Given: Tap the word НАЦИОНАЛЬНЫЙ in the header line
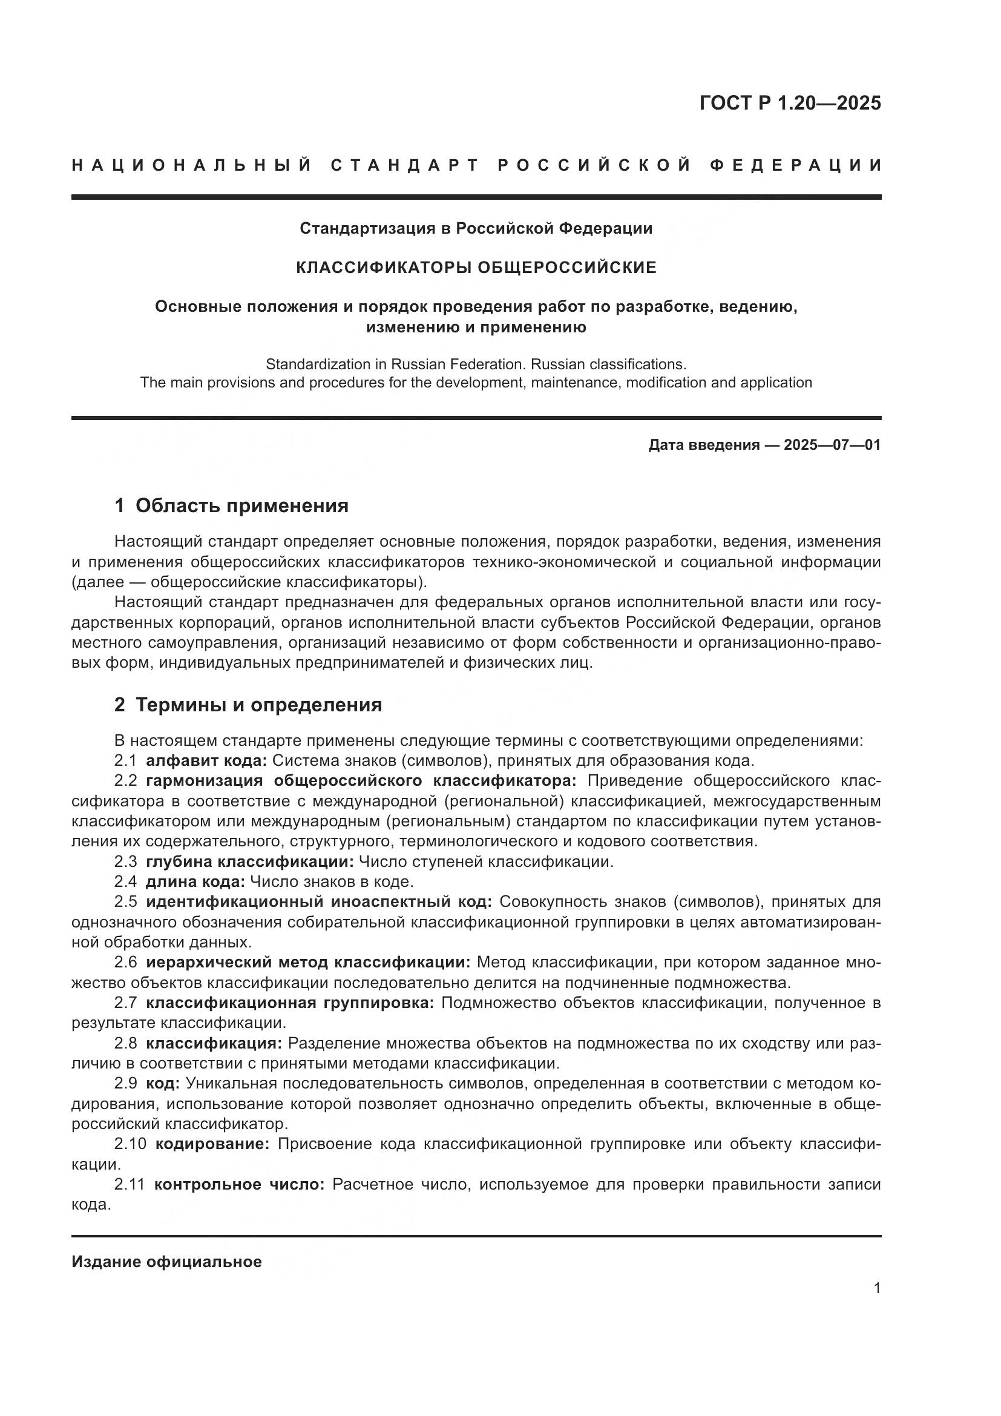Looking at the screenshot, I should coord(192,165).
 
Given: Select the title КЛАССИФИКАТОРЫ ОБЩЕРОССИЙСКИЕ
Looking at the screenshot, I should coord(476,267).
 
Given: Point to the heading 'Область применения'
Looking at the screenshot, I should coord(241,505).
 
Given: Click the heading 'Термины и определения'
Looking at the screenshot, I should coord(258,705).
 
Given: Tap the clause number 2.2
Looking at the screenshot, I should coord(126,781).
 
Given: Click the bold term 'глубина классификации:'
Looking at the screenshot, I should coord(249,861).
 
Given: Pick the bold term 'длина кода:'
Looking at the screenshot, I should coord(195,882).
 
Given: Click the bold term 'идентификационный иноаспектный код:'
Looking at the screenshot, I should coord(318,901).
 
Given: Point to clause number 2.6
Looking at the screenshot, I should coord(126,962).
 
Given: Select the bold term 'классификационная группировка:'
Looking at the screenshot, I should coord(290,1003).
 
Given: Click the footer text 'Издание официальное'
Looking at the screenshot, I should coord(166,1262).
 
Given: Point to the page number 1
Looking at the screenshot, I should coord(876,1288).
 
